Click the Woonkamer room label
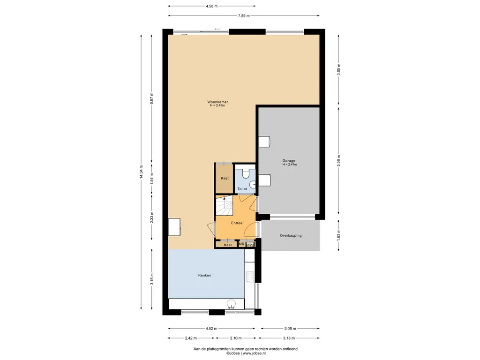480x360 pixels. pos(217,102)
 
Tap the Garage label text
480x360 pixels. pos(289,161)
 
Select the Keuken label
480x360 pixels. pos(204,275)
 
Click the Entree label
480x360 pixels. pos(237,223)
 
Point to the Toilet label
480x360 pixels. pos(242,189)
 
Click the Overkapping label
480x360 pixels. pos(291,235)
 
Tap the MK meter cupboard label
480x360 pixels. pos(241,244)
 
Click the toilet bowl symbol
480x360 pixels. pos(246,173)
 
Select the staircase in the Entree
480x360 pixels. pos(225,205)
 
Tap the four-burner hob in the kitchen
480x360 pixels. pos(250,277)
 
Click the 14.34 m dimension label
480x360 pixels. pos(141,172)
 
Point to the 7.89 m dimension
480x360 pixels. pos(244,15)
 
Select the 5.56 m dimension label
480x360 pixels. pos(338,161)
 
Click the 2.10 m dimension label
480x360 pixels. pos(236,338)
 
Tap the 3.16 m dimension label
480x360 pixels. pos(151,279)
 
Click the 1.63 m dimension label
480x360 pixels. pos(338,235)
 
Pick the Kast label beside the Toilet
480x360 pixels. pos(225,178)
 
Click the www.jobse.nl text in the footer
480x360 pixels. pos(254,353)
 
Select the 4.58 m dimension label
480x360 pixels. pos(211,6)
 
